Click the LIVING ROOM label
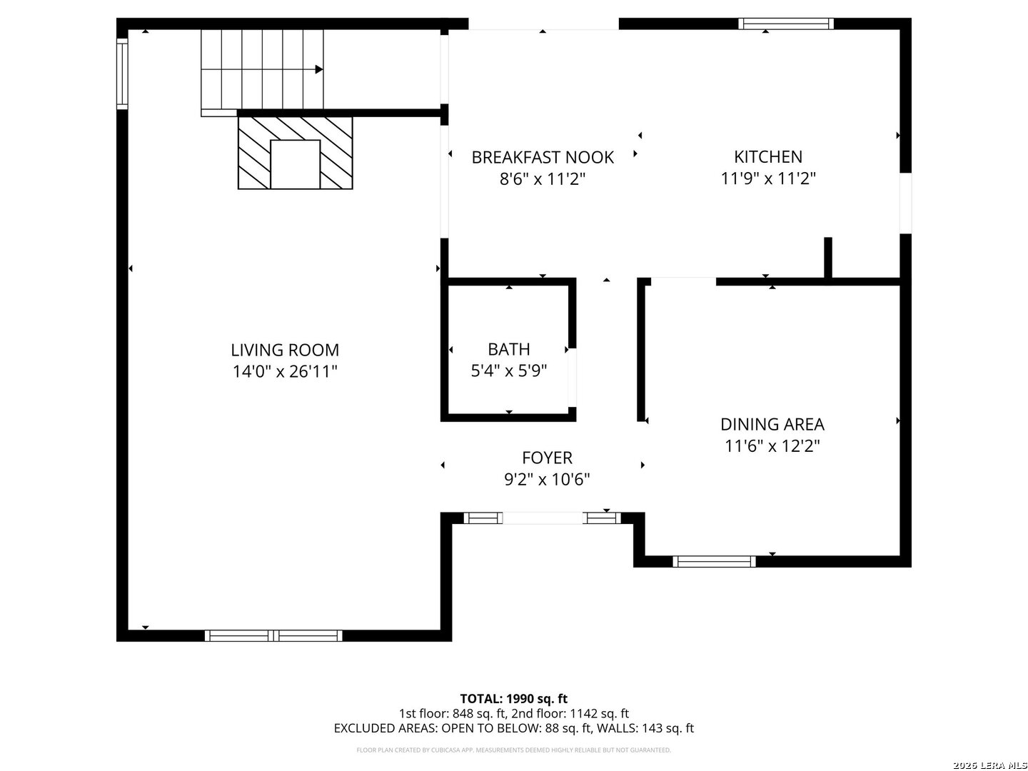(x=284, y=350)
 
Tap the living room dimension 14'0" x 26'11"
(x=284, y=371)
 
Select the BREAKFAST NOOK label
(x=543, y=157)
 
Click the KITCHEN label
(x=768, y=156)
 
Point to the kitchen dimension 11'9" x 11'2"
(x=768, y=178)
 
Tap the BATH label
(x=509, y=349)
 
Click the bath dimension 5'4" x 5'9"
(x=509, y=371)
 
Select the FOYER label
(x=547, y=458)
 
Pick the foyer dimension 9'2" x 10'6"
(x=547, y=480)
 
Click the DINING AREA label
(x=772, y=424)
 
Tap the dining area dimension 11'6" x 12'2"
(x=772, y=446)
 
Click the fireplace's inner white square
(x=295, y=164)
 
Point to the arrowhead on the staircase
(x=319, y=69)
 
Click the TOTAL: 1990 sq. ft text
(x=513, y=698)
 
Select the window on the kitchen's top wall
(x=785, y=24)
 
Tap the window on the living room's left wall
(x=122, y=72)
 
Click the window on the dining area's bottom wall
(x=714, y=561)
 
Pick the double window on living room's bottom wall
(x=273, y=635)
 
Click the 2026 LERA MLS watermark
(x=988, y=765)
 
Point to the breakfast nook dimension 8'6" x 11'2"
(x=543, y=178)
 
